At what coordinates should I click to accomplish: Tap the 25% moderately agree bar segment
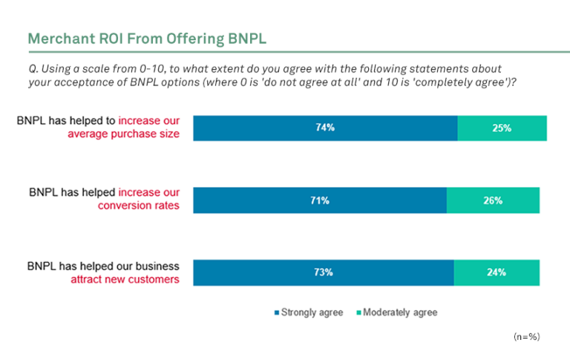coord(502,128)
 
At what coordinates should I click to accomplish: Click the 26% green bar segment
coord(493,200)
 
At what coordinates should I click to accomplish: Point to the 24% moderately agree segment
coord(497,272)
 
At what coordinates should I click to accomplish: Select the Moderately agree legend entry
coord(400,312)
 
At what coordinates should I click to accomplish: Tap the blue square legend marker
coord(276,313)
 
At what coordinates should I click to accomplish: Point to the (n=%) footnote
coord(526,337)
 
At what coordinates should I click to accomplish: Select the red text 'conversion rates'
coord(139,206)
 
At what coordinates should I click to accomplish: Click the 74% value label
coord(325,128)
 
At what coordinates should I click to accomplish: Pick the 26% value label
coord(493,200)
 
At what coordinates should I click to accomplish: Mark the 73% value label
coord(323,272)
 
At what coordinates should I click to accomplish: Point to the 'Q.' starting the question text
coord(30,68)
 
